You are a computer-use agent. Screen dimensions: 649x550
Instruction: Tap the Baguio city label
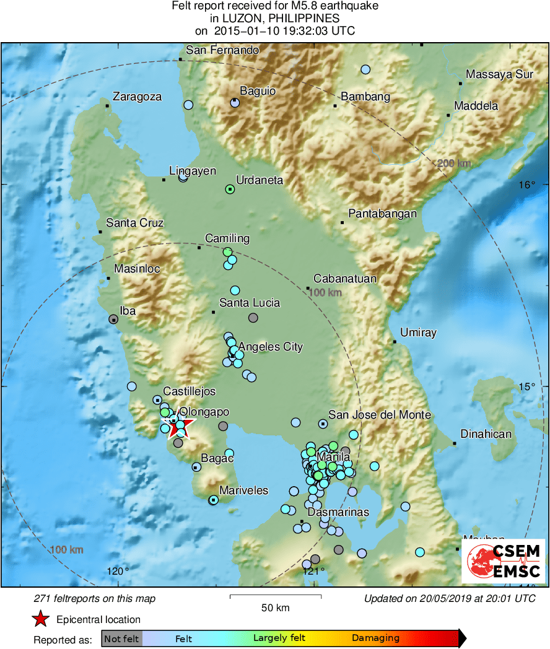point(258,91)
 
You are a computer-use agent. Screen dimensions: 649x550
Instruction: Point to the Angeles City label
point(271,347)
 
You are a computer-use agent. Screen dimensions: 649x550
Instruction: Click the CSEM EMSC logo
point(503,561)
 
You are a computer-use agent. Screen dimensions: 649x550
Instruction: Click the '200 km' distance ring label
point(454,163)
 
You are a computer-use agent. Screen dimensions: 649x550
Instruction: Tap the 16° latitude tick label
point(527,185)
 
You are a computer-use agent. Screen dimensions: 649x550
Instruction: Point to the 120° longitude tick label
point(118,571)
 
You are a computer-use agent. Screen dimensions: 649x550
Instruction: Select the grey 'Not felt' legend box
point(121,638)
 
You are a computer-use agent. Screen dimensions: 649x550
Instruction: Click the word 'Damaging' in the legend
point(375,638)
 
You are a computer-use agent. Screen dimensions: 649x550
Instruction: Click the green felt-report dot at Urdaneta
point(230,189)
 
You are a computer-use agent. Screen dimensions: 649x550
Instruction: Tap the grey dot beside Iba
point(113,320)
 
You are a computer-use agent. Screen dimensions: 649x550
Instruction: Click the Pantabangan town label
point(382,214)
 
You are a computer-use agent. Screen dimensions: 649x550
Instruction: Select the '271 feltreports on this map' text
point(94,598)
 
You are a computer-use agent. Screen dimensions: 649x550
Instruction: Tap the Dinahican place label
point(486,433)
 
